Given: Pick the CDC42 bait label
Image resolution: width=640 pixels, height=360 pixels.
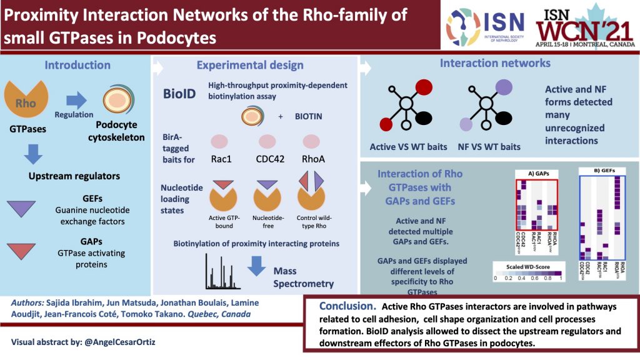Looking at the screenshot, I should (x=270, y=159).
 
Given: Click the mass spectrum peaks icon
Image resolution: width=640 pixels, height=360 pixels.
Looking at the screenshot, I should (x=222, y=273).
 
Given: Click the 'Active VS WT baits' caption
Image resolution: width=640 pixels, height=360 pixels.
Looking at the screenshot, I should (x=409, y=147).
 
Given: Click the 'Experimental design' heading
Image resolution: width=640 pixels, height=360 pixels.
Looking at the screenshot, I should (x=250, y=65).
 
